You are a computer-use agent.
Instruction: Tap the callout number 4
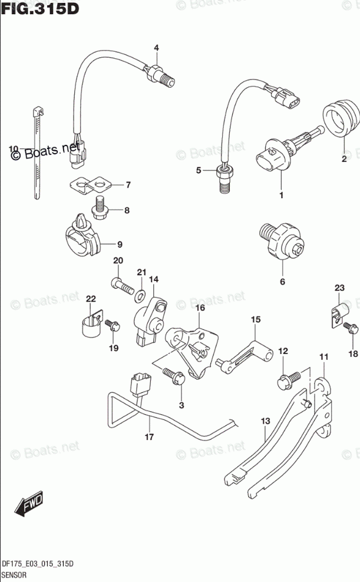pos(157,48)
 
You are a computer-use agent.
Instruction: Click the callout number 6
pos(282,282)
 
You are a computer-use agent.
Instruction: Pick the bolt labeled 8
pos(101,208)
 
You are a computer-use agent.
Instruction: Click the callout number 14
pos(154,279)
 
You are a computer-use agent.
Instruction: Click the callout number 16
pos(200,308)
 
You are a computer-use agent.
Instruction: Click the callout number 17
pos(149,437)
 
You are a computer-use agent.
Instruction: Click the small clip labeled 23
pos(336,313)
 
